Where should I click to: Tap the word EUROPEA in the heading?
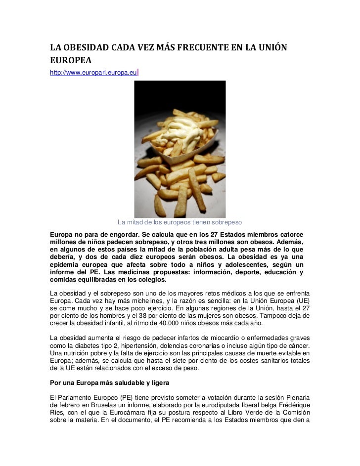click(x=68, y=62)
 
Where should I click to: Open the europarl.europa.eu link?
click(x=93, y=73)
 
